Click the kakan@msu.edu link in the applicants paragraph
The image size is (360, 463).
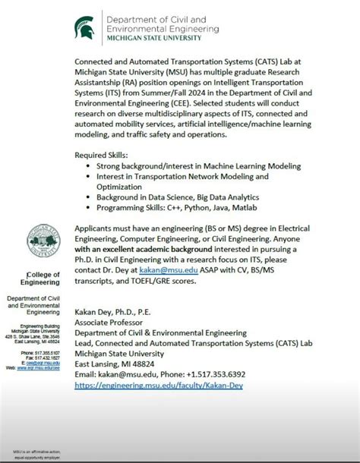coord(162,270)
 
